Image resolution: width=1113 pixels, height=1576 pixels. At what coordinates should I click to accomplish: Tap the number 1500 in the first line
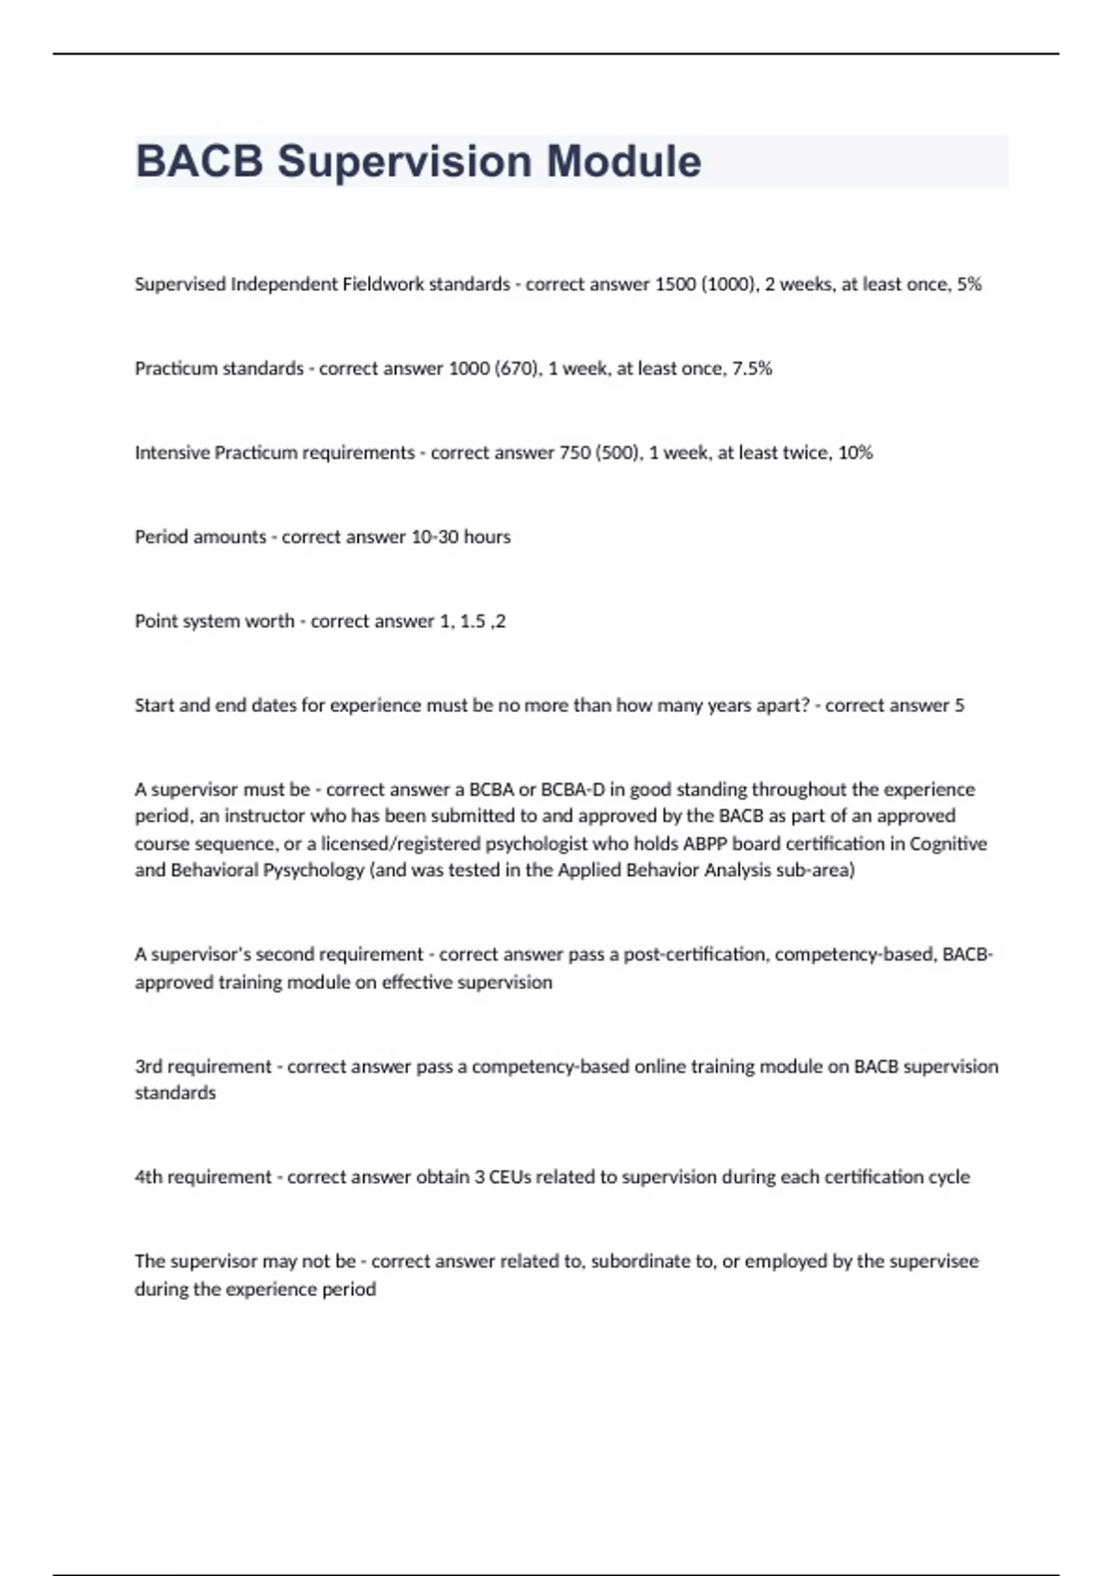click(676, 284)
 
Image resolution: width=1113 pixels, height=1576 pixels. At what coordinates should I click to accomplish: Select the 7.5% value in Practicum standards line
click(751, 368)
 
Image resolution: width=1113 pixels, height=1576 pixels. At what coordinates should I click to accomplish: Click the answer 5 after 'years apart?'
click(959, 705)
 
